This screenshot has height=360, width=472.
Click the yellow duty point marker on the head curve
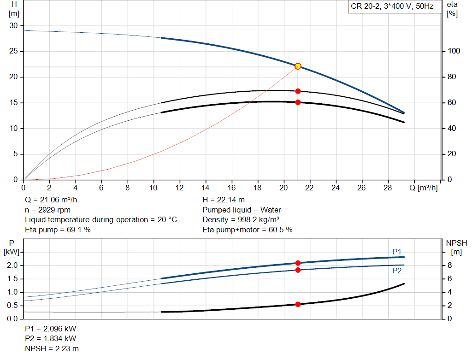[x=298, y=66]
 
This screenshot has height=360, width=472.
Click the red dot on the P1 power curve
[x=298, y=263]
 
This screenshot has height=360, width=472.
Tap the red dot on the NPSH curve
[x=298, y=304]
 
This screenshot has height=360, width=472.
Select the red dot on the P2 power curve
[x=298, y=270]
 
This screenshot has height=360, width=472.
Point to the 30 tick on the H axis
[x=13, y=26]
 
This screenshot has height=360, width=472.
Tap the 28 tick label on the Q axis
[x=388, y=188]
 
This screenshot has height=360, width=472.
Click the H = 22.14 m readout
[x=224, y=200]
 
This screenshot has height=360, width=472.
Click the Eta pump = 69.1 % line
[x=58, y=230]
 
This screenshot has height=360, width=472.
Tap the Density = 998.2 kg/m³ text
[x=241, y=220]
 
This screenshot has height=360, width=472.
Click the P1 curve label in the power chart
[x=397, y=252]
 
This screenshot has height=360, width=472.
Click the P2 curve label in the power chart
[x=397, y=271]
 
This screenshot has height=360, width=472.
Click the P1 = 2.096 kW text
[x=50, y=329]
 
